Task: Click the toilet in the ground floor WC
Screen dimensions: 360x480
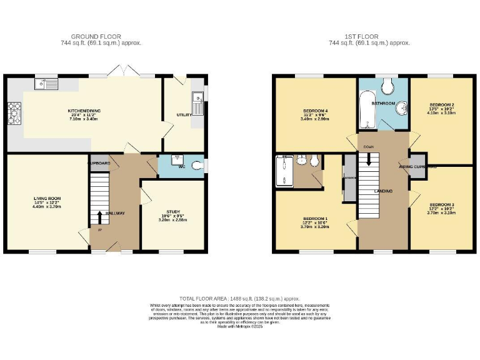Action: (198, 166)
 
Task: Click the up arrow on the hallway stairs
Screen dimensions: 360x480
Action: (99, 218)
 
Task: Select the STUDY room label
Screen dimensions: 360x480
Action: (172, 211)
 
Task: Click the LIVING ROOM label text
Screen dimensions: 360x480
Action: (46, 197)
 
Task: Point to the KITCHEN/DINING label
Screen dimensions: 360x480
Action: (84, 111)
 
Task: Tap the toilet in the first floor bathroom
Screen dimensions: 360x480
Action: (388, 85)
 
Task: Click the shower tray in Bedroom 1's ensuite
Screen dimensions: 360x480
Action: (284, 172)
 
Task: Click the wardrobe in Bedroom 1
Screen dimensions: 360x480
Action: (349, 178)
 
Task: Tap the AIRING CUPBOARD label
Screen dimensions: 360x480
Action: (417, 167)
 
